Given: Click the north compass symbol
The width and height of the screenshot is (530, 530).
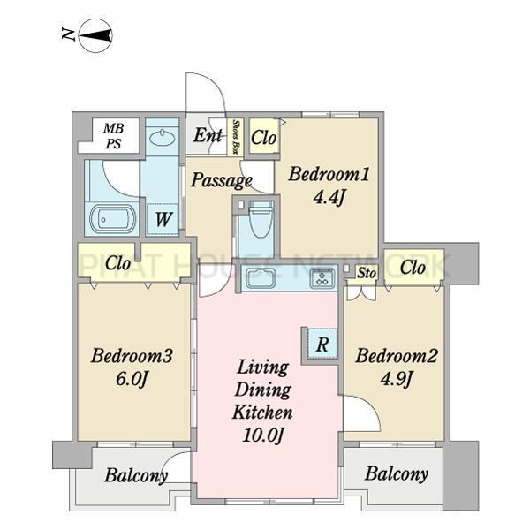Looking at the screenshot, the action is pos(95,35).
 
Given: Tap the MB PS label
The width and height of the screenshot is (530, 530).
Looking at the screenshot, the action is pos(113,136).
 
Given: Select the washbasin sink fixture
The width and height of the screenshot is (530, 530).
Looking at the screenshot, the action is pos(162,138).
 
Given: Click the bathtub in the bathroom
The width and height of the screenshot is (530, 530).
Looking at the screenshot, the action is pos(112,219).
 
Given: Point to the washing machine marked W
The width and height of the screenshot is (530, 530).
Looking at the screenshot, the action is pos(163,219).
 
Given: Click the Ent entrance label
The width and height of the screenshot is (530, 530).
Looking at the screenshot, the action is pos(208,135).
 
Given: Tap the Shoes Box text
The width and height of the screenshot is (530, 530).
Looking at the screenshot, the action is pos(235,137).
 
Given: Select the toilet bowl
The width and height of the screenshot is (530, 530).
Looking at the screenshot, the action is pos(260,217).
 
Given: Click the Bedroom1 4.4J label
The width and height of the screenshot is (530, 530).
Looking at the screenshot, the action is pos(329,185).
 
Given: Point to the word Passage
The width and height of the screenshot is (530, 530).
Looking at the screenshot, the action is pos(222,180).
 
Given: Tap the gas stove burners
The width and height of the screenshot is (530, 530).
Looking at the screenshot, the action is pos(322,278).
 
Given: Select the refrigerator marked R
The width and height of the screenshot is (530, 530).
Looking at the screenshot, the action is pos(322,344).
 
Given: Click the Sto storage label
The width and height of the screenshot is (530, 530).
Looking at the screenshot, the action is pos(367,273).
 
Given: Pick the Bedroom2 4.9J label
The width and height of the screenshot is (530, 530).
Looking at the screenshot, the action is pos(396,367).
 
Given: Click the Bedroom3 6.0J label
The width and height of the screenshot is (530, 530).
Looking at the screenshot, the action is pos(132,367).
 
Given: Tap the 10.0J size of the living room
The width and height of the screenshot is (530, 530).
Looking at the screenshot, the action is pos(262,435).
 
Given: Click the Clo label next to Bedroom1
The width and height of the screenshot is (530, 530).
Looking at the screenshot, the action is pos(263,138).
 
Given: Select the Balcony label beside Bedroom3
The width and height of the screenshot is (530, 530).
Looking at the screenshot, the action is pos(136,475).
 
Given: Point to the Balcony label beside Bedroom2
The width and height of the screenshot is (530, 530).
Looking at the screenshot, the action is pos(397,473).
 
